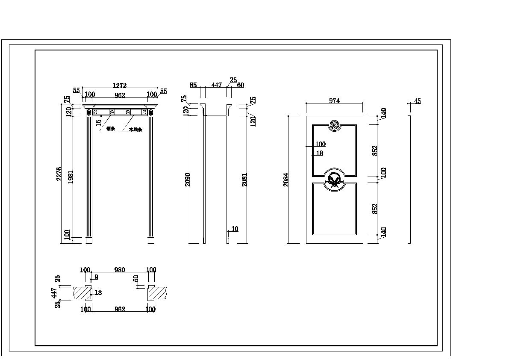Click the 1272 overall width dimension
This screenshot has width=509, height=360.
[x=120, y=86]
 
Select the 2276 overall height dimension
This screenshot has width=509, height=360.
[x=59, y=174]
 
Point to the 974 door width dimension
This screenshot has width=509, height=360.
[x=334, y=101]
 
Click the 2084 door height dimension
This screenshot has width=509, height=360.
[x=286, y=180]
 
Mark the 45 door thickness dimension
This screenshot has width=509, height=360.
[x=417, y=101]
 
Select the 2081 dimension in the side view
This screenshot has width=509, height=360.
[x=244, y=180]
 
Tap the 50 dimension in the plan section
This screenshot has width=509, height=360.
[x=135, y=278]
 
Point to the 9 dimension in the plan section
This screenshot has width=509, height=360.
[x=96, y=277]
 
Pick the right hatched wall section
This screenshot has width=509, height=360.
[x=159, y=293]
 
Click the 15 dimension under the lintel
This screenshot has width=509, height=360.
[x=99, y=122]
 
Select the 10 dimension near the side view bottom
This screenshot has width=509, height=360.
[x=235, y=229]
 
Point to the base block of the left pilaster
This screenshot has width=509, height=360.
[x=89, y=240]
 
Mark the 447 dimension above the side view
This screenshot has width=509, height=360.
[x=217, y=85]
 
